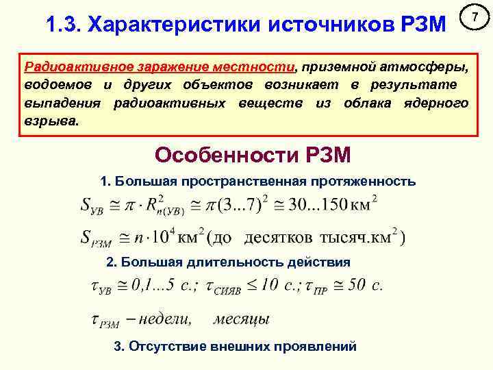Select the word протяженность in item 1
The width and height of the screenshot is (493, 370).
click(362, 182)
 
